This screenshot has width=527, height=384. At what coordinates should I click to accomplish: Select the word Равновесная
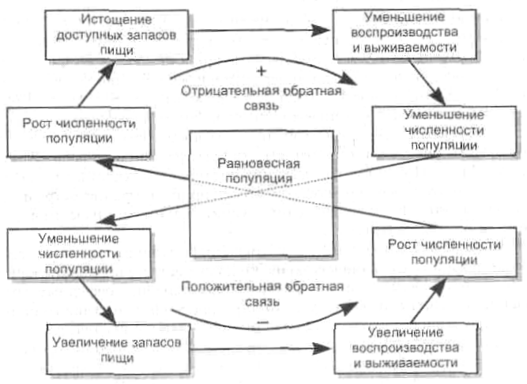(250, 163)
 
